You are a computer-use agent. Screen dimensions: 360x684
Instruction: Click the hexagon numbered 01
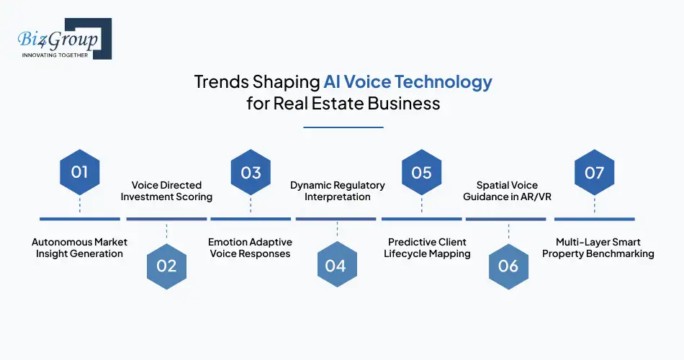click(x=79, y=172)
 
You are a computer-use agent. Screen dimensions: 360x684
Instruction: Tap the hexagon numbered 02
click(x=166, y=266)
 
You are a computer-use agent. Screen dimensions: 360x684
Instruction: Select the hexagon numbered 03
click(x=251, y=172)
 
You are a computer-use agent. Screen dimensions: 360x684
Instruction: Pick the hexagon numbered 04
click(x=336, y=266)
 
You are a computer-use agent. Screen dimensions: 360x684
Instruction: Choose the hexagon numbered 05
click(x=421, y=172)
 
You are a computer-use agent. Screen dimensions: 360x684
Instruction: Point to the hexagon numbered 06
click(x=508, y=266)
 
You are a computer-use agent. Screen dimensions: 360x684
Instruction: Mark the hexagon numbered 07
click(x=594, y=172)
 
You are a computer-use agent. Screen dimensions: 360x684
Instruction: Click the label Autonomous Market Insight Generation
click(x=79, y=248)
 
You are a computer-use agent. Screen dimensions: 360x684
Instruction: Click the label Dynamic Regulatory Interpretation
click(x=338, y=191)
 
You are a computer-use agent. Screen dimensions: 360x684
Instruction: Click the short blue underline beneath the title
click(x=343, y=127)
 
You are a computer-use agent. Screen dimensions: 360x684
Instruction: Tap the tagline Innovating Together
click(x=55, y=55)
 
